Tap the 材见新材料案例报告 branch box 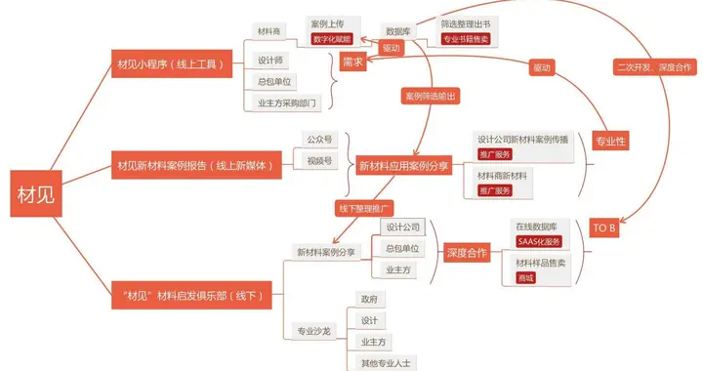pos(195,165)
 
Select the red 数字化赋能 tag pos(332,39)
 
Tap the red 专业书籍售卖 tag pos(466,39)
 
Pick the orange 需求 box pos(352,61)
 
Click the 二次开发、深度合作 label pos(655,66)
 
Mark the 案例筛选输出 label pos(431,96)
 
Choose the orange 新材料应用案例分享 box pos(403,167)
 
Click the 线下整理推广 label pos(366,209)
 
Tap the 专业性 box pos(611,141)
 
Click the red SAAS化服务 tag pos(540,241)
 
